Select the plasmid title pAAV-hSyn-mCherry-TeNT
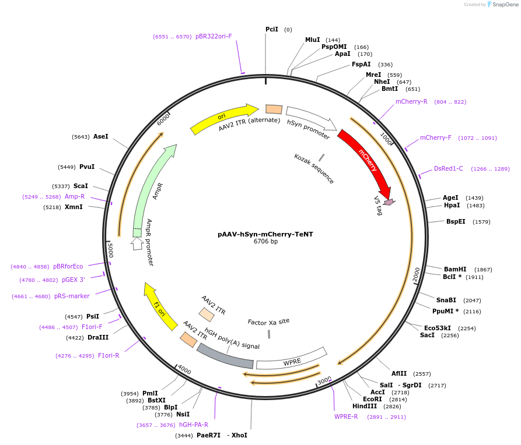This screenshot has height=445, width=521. tap(265, 234)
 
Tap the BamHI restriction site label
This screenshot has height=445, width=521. tap(455, 269)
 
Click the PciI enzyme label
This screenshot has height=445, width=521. tap(272, 29)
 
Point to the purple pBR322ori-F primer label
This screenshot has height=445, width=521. tap(214, 36)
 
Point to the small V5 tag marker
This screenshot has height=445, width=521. tap(389, 202)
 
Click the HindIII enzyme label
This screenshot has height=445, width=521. tap(364, 406)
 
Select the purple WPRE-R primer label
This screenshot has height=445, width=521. tap(346, 416)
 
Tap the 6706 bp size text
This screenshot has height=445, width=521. tap(265, 242)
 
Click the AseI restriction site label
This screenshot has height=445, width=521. tap(101, 136)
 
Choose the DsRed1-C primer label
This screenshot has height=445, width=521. tap(448, 169)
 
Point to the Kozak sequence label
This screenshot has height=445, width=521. tap(314, 169)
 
